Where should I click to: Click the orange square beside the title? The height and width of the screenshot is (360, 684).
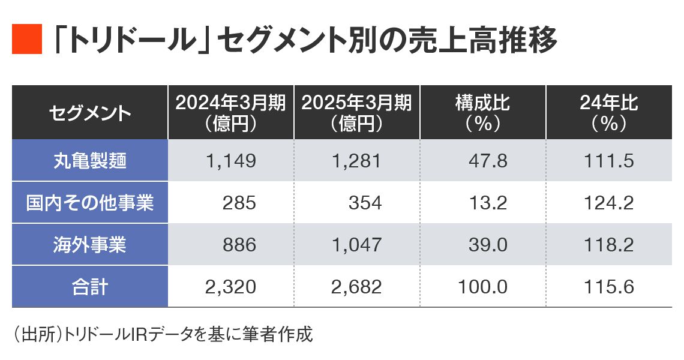point(27,40)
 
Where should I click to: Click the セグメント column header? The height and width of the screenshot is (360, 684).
point(89,113)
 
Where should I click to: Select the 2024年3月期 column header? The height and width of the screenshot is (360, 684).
point(230,113)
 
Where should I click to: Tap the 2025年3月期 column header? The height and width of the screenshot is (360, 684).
point(356,113)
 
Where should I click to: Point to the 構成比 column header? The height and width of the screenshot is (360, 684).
point(482,113)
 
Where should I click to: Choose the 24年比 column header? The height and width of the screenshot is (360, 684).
point(608,113)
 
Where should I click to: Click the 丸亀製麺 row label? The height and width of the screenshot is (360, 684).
point(89,161)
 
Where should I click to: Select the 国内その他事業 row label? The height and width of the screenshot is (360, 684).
point(89,203)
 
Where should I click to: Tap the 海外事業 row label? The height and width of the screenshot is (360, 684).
point(89,245)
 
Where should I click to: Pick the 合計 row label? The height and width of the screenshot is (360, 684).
point(89,287)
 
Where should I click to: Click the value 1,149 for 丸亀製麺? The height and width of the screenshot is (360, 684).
point(232,161)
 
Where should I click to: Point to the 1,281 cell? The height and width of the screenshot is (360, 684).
point(357,161)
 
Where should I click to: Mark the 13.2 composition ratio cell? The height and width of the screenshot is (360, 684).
point(490,203)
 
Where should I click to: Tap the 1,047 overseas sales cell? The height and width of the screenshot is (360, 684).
point(357,245)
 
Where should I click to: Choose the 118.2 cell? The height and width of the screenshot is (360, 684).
point(608,245)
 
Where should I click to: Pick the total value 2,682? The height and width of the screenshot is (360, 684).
point(357,287)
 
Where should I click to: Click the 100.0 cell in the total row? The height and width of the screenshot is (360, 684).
point(482,287)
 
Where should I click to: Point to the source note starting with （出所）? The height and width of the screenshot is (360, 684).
point(162,334)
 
